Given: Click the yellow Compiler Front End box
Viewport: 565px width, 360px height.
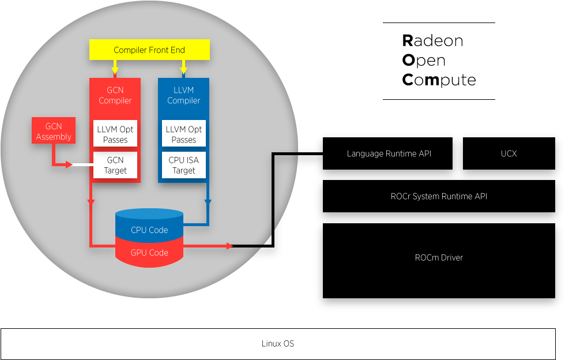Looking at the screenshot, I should coord(149,50).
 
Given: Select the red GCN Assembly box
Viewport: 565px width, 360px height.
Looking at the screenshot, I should coord(54,131).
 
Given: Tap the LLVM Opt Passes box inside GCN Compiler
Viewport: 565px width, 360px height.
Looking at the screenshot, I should coord(115,134).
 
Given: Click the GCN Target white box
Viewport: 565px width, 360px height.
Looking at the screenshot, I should coord(115,165).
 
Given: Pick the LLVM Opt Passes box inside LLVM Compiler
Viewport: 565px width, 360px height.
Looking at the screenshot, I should coord(184,134).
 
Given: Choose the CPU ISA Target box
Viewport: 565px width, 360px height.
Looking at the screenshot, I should coord(184,165).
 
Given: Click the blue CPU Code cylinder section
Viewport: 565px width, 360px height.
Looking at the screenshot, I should coord(149,228).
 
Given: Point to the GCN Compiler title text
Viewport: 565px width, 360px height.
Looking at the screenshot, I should coord(115,95).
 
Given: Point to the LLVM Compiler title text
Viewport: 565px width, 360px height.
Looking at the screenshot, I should coord(184,95).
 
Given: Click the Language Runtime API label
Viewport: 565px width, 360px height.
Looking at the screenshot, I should coord(389,154).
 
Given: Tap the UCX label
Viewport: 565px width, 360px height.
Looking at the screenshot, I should coord(508,154).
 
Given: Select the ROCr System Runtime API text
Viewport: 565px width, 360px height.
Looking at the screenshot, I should coord(439,197).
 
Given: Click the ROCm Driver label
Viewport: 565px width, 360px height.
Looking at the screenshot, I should coord(439,258).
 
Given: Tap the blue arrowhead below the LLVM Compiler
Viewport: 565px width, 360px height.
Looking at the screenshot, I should coord(208,202).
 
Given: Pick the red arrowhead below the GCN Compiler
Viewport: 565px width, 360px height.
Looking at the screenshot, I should coord(91,202).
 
